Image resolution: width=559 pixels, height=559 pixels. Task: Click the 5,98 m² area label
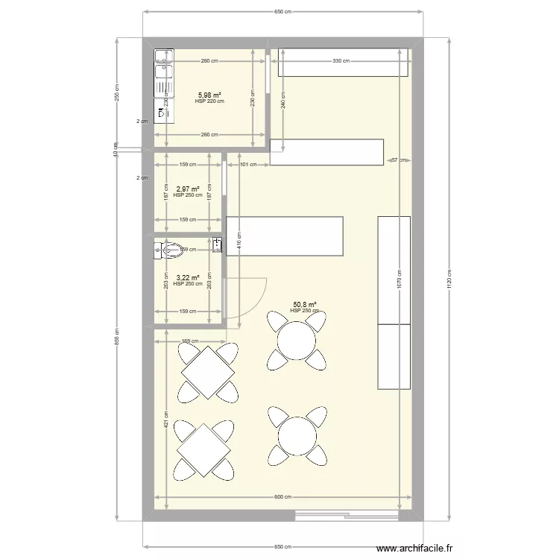209,95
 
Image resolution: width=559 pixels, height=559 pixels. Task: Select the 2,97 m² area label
187,189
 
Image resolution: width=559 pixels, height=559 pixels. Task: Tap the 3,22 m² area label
187,278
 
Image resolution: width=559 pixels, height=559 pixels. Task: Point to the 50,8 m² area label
305,305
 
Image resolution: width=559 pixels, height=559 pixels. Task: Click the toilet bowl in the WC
169,249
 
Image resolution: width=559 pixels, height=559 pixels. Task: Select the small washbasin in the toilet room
217,244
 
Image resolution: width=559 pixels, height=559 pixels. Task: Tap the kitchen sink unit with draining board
162,72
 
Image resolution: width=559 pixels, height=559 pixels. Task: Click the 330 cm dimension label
341,61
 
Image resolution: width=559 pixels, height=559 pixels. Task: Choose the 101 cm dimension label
248,165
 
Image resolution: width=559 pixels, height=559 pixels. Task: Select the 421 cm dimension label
165,420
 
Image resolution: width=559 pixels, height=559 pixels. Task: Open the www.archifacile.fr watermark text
414,549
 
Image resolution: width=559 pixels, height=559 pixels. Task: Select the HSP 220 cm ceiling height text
209,101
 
